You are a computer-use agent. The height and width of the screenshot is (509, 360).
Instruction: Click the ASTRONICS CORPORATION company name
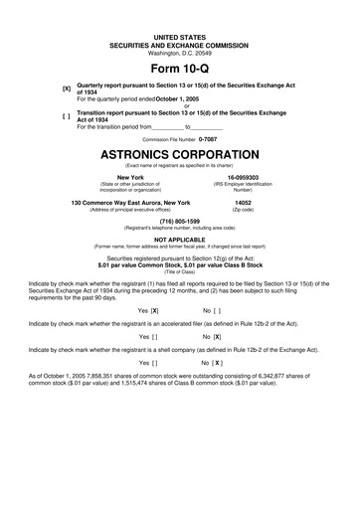pos(180,157)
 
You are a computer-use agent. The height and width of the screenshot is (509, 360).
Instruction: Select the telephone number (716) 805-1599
pos(180,221)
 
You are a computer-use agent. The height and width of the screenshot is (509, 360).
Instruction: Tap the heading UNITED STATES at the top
pos(180,36)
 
